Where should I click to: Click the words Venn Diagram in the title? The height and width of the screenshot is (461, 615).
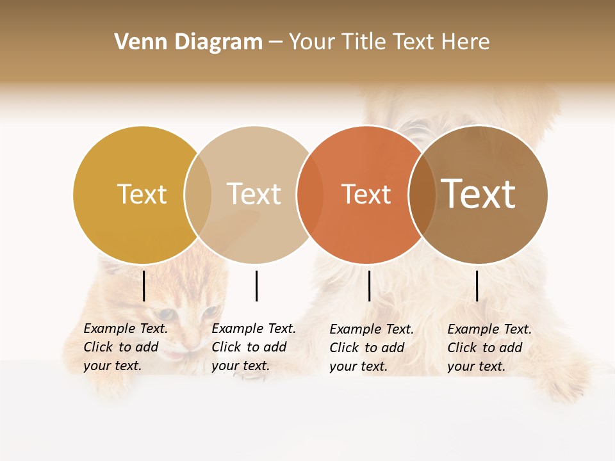coord(188,42)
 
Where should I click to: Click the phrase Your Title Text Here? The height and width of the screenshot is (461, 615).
coord(389,42)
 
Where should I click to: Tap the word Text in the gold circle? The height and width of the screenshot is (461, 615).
coord(142,194)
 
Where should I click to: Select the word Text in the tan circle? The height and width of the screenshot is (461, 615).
coord(254,194)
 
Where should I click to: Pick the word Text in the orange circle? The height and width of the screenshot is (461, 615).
coord(366,194)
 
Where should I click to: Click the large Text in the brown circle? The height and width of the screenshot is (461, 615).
coord(479,194)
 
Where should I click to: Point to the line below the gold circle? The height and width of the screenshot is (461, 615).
coord(144,286)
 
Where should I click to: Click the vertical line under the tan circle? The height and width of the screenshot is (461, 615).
coord(256,286)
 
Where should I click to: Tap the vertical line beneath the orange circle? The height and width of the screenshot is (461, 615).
coord(370,286)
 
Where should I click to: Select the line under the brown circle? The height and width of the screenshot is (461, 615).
coord(477,286)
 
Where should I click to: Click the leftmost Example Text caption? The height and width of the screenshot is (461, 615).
coord(126,347)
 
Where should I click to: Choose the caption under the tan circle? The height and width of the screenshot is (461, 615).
coord(254,347)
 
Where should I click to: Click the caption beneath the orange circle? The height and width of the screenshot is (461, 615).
coord(372,348)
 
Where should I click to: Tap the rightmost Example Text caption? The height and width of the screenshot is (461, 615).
coord(489,348)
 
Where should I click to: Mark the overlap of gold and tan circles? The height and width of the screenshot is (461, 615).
coord(197,195)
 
